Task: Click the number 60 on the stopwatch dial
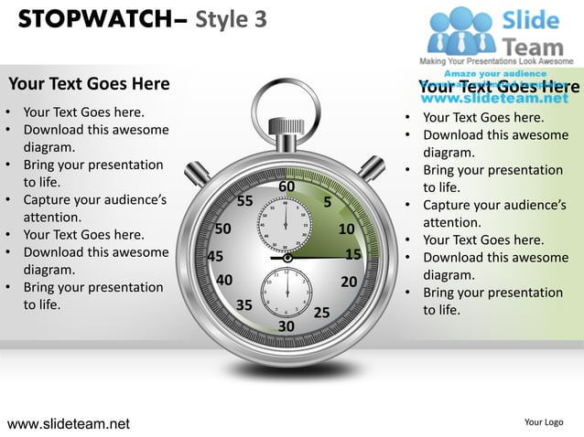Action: coord(287,187)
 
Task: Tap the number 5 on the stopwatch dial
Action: coord(327,201)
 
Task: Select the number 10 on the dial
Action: coord(347,229)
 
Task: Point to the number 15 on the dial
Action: coord(353,255)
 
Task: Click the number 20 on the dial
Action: coord(349,282)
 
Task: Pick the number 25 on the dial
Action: coord(321,313)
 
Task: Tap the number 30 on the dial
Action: coord(287,326)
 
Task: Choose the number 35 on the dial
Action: coord(244,304)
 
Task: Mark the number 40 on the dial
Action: coord(224,280)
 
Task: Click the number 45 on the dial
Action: coord(216,257)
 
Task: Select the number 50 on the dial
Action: coord(222,229)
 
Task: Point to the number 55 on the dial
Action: coord(244,201)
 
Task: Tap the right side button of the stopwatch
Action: coord(372,167)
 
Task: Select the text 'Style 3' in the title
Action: coord(231,19)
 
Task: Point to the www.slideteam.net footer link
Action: coord(69,423)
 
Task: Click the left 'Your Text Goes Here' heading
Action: coord(89,84)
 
